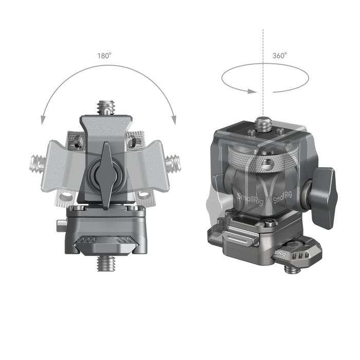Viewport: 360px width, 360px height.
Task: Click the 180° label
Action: (104, 56)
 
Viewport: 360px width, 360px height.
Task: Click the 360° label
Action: (280, 55)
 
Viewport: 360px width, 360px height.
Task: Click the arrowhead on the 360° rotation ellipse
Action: (250, 92)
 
